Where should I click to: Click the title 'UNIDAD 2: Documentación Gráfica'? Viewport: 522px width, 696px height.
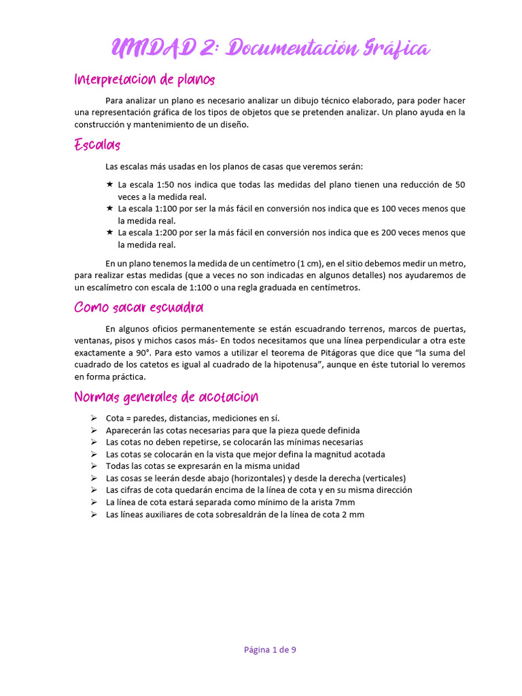(270, 49)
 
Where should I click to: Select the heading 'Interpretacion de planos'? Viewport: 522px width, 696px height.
(144, 80)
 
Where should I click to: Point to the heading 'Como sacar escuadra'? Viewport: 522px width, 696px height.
(139, 307)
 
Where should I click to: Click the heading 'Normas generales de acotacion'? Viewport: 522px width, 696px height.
(166, 396)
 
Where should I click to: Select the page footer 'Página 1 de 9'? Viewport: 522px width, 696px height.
(270, 649)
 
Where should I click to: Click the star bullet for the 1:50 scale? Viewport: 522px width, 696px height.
(109, 184)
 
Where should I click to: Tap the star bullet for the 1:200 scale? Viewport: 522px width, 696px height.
(109, 232)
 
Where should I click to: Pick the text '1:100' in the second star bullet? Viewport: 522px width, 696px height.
(169, 208)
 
